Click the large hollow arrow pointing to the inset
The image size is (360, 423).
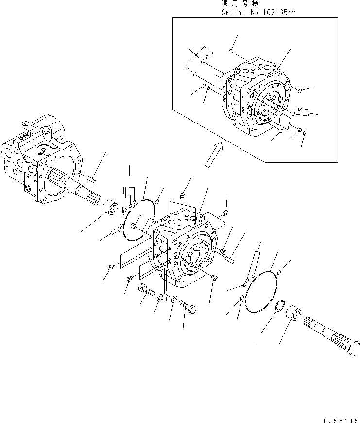[213, 155]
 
